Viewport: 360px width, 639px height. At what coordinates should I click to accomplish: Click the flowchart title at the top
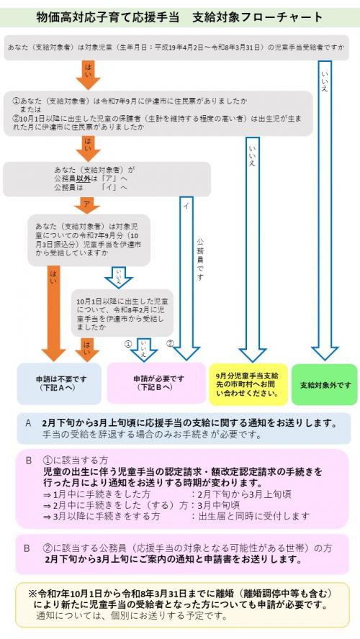(x=179, y=16)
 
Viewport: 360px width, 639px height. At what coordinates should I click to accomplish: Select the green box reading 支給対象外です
(x=324, y=384)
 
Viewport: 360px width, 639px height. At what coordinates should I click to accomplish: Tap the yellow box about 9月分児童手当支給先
(x=247, y=384)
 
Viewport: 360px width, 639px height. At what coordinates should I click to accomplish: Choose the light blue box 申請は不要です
(x=60, y=384)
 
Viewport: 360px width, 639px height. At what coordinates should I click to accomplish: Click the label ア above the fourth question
(x=87, y=204)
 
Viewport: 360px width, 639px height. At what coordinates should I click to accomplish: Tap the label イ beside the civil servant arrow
(x=186, y=205)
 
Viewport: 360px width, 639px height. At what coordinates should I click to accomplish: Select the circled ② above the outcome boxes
(x=171, y=343)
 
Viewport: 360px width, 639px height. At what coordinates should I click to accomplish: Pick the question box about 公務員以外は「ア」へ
(x=107, y=179)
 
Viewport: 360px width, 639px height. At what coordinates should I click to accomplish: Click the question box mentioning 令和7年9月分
(x=89, y=240)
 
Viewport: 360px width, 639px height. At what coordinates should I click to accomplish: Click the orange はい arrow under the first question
(x=88, y=74)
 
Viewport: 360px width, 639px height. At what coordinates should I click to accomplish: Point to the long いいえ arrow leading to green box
(x=324, y=209)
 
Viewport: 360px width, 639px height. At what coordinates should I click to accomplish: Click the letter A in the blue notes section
(x=28, y=423)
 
